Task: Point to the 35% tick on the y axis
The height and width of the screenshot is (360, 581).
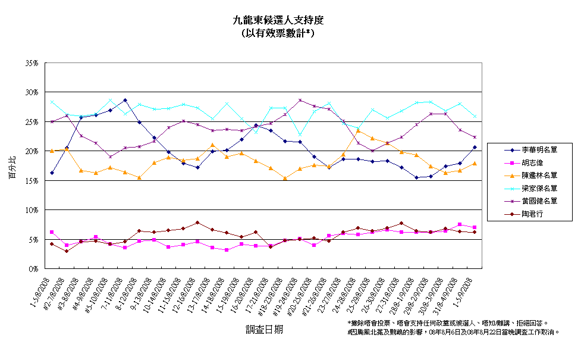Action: pos(32,62)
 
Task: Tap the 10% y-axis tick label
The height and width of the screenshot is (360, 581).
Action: pos(32,209)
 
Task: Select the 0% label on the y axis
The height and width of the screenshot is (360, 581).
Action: pos(34,268)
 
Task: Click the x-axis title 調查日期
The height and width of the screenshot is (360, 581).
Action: pos(264,328)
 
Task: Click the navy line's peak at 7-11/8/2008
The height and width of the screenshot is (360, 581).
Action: pos(125,100)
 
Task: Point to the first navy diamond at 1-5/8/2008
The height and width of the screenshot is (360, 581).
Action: pos(52,173)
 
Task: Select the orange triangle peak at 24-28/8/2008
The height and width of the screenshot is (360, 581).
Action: pos(358,130)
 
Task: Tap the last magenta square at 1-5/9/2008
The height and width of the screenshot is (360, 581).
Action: pos(474,227)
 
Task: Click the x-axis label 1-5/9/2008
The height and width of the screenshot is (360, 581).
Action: pos(464,291)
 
